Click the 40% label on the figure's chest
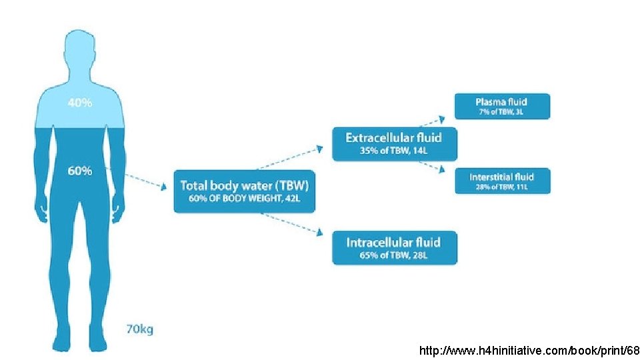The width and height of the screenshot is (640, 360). pyautogui.click(x=79, y=103)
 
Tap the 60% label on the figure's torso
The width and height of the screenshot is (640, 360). pyautogui.click(x=79, y=171)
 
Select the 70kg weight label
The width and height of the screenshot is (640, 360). pyautogui.click(x=140, y=329)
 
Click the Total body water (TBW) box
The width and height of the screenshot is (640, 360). pyautogui.click(x=244, y=192)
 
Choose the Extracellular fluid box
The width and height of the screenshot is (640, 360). pyautogui.click(x=394, y=144)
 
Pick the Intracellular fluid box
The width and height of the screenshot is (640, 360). pyautogui.click(x=394, y=248)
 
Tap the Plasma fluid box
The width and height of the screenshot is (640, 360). pyautogui.click(x=502, y=107)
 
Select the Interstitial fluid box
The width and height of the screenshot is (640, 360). pyautogui.click(x=502, y=181)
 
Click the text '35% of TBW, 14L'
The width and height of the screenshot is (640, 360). pyautogui.click(x=394, y=152)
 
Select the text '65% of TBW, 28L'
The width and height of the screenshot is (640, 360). pyautogui.click(x=394, y=255)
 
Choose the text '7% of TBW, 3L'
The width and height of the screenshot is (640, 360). pyautogui.click(x=502, y=112)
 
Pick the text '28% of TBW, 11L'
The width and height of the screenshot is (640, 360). pyautogui.click(x=502, y=187)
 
